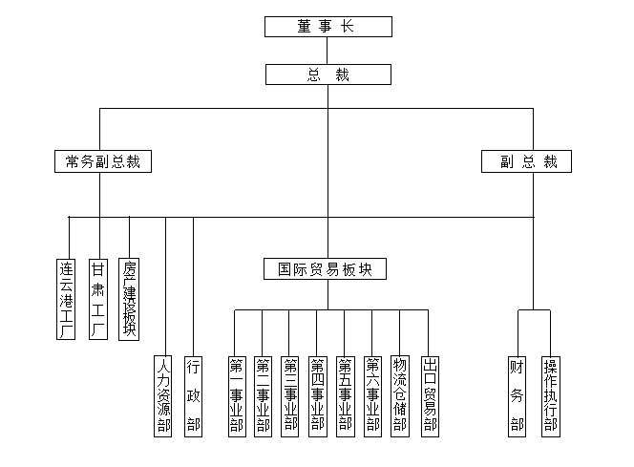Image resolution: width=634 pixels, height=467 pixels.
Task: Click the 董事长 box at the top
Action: (328, 27)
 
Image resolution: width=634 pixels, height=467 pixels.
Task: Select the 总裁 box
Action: (328, 74)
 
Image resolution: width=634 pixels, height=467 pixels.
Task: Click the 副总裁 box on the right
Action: (526, 161)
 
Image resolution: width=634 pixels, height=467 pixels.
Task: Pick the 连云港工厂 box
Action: (67, 298)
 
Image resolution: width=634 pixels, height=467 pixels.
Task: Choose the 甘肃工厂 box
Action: (97, 298)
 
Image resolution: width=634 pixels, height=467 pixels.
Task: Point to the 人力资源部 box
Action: (164, 395)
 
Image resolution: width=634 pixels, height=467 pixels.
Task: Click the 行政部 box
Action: (193, 395)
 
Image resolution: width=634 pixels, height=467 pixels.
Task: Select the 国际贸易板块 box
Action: (326, 269)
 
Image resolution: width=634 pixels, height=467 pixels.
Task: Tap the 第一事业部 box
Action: (236, 395)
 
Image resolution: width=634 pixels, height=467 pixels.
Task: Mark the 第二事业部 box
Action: (263, 395)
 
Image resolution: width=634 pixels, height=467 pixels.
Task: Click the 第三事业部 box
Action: (290, 395)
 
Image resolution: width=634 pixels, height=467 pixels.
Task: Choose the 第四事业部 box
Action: (318, 395)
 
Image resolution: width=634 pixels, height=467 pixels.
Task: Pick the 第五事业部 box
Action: (345, 395)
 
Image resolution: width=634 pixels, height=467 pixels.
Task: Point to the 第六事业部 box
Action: (372, 395)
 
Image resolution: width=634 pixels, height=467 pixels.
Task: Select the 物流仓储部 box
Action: (400, 395)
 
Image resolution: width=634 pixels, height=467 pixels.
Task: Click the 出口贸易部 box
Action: (429, 395)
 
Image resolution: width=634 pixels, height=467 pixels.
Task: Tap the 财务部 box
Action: (518, 395)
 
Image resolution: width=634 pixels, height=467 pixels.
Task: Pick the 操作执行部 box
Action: (550, 395)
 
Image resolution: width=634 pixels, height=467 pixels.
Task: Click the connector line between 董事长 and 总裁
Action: (328, 51)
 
